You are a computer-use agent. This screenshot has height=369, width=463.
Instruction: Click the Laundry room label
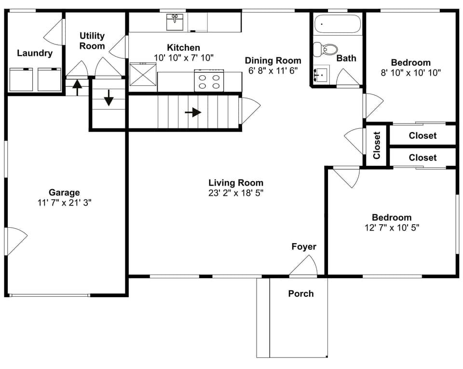tap(35, 53)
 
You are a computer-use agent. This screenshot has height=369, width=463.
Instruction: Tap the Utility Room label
tap(92, 41)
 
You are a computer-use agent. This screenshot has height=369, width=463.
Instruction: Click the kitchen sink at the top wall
tap(174, 22)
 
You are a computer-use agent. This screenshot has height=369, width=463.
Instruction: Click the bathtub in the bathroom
tap(337, 24)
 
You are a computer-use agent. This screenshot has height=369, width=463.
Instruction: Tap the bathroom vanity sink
tap(320, 75)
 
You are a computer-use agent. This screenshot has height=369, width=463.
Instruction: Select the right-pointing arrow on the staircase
tap(193, 112)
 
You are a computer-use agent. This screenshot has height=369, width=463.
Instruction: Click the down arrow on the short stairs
tap(109, 98)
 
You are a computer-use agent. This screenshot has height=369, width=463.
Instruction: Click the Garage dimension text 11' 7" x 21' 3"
tap(64, 203)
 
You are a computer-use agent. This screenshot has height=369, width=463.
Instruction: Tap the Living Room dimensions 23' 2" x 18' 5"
tap(236, 193)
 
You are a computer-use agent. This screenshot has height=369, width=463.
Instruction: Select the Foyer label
tap(304, 247)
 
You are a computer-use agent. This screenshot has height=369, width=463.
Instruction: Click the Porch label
tap(300, 293)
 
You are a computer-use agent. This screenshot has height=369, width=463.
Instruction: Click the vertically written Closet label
tap(377, 145)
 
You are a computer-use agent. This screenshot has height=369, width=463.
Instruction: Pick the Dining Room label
tap(273, 60)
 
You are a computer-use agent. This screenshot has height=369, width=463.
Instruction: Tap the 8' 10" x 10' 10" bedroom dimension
tap(410, 73)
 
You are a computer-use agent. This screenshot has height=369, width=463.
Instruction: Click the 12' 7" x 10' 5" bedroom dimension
tap(392, 228)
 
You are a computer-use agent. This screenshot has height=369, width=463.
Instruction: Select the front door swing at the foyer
tap(304, 266)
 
